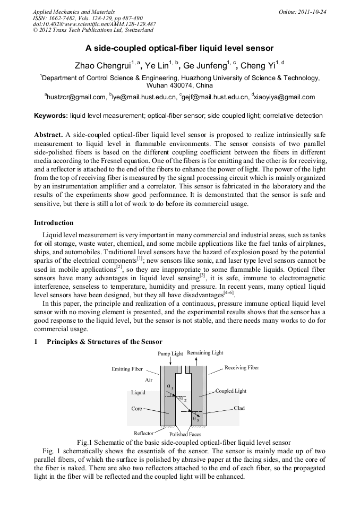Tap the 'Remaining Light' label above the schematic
coord(205,353)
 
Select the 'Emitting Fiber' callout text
coord(127,369)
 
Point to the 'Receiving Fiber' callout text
coord(242,367)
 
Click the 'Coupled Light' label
coord(230,391)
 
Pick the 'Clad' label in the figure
coord(239,408)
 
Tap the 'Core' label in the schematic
coord(136,409)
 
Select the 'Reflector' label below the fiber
coord(143,433)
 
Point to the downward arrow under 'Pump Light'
coord(170,361)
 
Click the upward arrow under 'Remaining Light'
coord(196,361)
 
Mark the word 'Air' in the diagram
coord(149,381)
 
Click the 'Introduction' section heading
coord(54,223)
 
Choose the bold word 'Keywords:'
coord(51,115)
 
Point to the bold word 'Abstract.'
coord(49,135)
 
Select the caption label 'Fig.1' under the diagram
coord(85,442)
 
